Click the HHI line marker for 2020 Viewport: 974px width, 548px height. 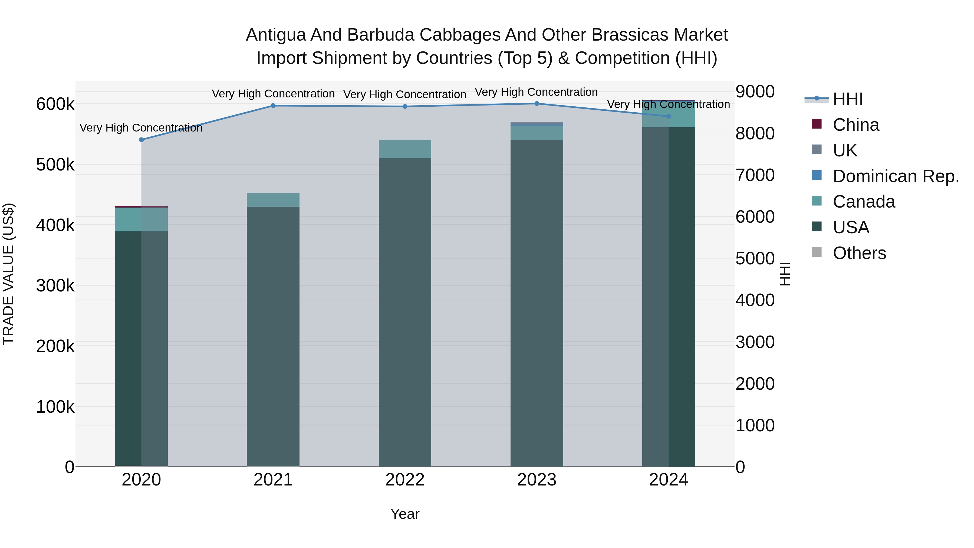[x=142, y=140]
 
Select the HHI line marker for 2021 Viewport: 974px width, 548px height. [x=273, y=106]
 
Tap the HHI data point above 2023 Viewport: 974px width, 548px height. [x=537, y=103]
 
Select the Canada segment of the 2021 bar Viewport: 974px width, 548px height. [x=273, y=200]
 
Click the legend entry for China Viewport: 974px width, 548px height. [x=856, y=125]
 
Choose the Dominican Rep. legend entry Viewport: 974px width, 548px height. [x=895, y=176]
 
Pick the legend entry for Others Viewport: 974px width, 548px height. [x=859, y=253]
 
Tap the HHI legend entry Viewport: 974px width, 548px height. [x=848, y=99]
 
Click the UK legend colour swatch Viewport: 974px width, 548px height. [x=817, y=150]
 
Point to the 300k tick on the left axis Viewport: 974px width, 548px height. [x=55, y=286]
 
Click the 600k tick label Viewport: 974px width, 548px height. [x=55, y=104]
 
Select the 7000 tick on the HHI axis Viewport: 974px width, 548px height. [x=755, y=175]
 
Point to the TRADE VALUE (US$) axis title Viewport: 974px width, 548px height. [x=8, y=274]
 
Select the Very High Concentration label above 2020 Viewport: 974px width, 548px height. [x=141, y=128]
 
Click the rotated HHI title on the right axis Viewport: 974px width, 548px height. [x=785, y=274]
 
